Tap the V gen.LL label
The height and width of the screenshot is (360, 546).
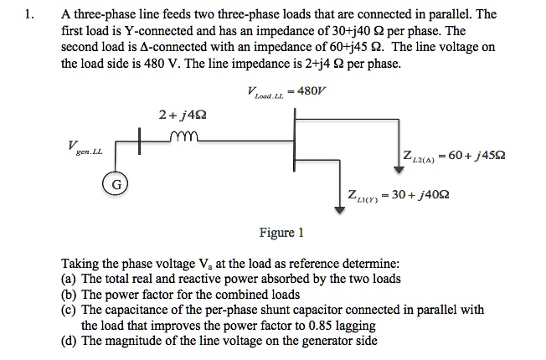click(81, 147)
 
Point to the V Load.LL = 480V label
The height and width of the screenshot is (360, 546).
click(284, 93)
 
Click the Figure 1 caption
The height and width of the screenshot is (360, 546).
click(277, 232)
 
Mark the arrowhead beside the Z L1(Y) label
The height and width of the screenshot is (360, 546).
click(339, 208)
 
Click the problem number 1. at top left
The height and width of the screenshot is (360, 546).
click(31, 15)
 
